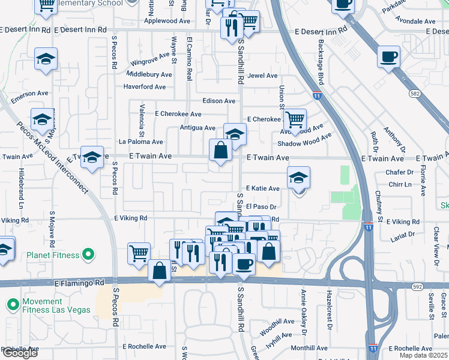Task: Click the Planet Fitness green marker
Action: click(x=88, y=255)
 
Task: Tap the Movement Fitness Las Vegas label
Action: click(x=50, y=305)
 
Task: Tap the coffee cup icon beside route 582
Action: click(x=389, y=57)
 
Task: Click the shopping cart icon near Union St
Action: click(x=295, y=120)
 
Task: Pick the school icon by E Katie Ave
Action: click(x=298, y=178)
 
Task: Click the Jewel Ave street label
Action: click(x=263, y=76)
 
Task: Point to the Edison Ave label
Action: click(x=218, y=101)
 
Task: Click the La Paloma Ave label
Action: click(x=140, y=142)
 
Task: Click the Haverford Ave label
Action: click(x=144, y=87)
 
